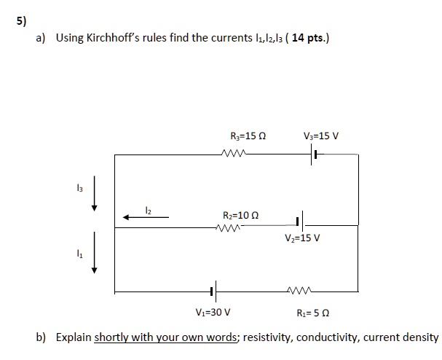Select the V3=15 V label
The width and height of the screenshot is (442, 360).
321,136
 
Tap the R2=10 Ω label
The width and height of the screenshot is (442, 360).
241,215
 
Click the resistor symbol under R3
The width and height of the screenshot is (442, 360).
236,154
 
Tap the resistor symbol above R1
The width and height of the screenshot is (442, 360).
301,291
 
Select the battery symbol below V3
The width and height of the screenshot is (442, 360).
313,155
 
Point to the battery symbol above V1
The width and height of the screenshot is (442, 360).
211,291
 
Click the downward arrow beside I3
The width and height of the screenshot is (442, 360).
94,192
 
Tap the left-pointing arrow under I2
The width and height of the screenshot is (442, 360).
146,216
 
